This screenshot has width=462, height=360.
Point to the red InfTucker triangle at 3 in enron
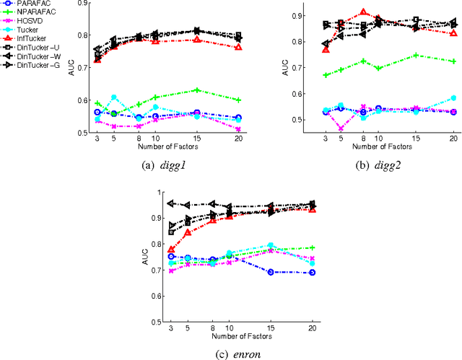pos(171,250)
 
